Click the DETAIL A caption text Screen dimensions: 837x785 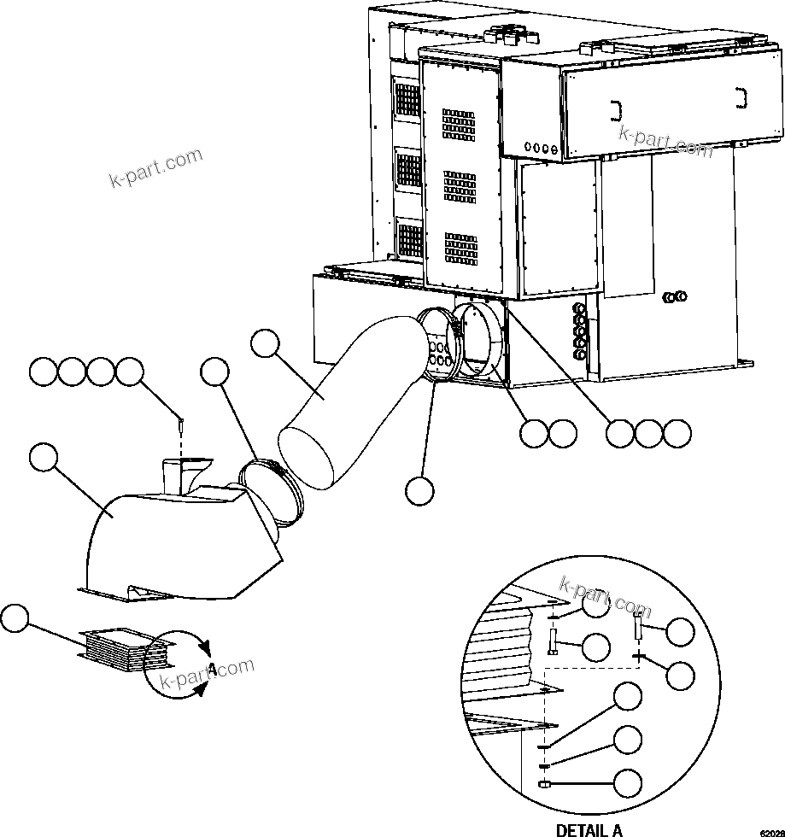tap(589, 829)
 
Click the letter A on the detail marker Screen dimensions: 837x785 tap(211, 667)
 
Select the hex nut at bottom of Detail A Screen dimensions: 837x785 tap(542, 784)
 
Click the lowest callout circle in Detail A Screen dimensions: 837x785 tap(629, 782)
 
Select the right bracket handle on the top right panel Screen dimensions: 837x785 tap(741, 98)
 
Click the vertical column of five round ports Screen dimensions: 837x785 tap(582, 326)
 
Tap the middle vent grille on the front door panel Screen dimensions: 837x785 tap(460, 187)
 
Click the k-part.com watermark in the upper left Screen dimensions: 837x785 tap(156, 167)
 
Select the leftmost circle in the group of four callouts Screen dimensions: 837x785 tap(43, 372)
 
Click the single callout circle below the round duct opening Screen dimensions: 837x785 tap(419, 490)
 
